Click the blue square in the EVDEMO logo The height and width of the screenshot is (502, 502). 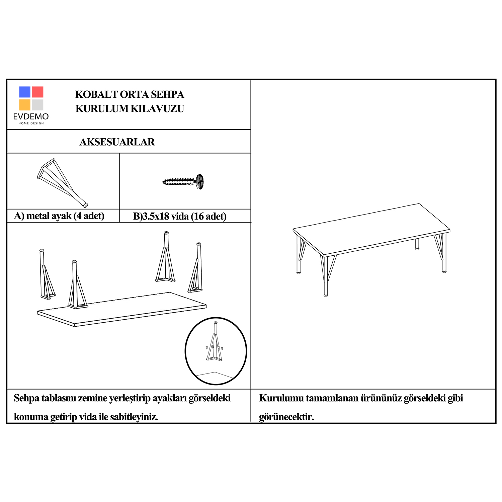25,92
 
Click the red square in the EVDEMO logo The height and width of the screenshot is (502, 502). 38,92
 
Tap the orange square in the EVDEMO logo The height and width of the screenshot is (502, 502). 25,105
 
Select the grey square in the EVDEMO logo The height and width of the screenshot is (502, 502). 38,105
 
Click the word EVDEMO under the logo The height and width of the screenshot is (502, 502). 31,116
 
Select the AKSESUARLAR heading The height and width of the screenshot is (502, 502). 117,142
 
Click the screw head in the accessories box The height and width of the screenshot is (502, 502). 200,182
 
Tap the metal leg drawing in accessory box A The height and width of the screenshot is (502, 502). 62,182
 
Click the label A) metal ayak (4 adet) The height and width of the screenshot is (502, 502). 59,216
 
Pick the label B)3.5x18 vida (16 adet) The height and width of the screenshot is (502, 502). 180,216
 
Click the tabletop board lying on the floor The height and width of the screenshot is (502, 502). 122,310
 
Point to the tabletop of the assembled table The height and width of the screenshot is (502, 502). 371,229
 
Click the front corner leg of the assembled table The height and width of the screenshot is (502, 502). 326,276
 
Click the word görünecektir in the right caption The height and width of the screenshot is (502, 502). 286,417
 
